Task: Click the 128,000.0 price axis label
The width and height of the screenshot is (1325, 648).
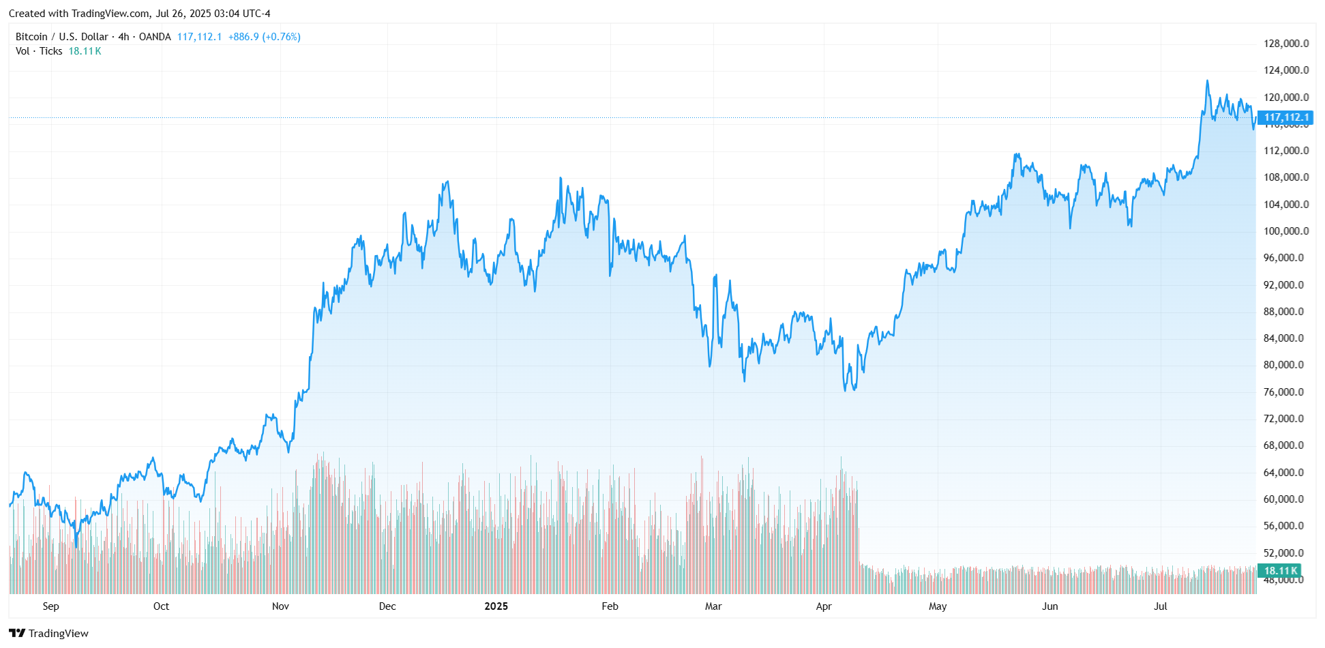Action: [x=1285, y=44]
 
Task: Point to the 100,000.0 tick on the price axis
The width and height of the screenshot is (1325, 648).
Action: [x=1285, y=231]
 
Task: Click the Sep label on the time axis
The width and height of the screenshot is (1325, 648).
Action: [x=50, y=606]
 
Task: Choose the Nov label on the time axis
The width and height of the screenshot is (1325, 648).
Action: [x=280, y=606]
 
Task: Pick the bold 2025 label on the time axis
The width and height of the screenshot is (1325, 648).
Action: [x=496, y=606]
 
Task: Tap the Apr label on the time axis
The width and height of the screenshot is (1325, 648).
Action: [x=824, y=606]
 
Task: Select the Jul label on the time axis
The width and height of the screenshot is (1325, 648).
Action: [x=1160, y=606]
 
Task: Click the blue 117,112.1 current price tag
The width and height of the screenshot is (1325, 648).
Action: [x=1286, y=117]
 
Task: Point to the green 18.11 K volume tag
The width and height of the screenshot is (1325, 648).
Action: [x=1280, y=571]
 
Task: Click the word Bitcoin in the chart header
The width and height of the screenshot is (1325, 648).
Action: [x=31, y=37]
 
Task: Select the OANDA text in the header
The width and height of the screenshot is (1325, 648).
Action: [x=155, y=37]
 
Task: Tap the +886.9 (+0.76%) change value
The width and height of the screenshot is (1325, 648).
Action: [x=264, y=37]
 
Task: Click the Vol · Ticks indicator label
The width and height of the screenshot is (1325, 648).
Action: [x=39, y=51]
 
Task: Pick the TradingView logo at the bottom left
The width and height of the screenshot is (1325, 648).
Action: [x=48, y=633]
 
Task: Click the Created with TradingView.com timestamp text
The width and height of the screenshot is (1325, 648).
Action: [x=140, y=14]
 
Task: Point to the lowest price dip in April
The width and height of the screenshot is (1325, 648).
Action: [x=846, y=390]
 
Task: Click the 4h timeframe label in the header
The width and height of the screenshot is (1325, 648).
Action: [x=123, y=37]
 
